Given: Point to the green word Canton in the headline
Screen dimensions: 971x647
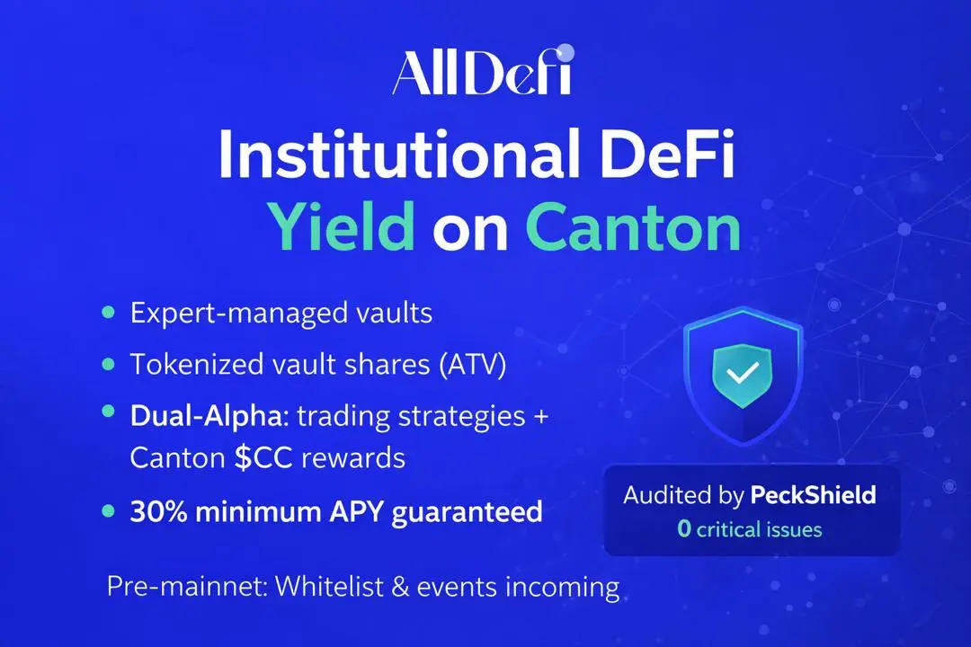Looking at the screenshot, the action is click(634, 228).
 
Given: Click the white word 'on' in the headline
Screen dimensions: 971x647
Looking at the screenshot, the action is click(470, 233).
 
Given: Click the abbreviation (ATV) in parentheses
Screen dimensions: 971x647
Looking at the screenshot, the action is click(473, 364).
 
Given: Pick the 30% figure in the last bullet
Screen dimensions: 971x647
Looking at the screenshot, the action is click(158, 511).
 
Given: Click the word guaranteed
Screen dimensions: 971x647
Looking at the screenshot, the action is click(467, 512).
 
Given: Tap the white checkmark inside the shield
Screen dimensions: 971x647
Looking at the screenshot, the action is click(743, 372).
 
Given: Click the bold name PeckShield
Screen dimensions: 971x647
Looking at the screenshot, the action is click(813, 495).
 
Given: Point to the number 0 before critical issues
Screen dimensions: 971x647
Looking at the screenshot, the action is click(683, 528).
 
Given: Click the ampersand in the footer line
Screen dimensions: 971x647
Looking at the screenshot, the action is click(401, 587).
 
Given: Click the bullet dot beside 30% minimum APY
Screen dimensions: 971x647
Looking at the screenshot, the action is click(109, 510).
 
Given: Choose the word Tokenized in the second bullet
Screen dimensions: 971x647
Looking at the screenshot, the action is click(186, 364).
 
